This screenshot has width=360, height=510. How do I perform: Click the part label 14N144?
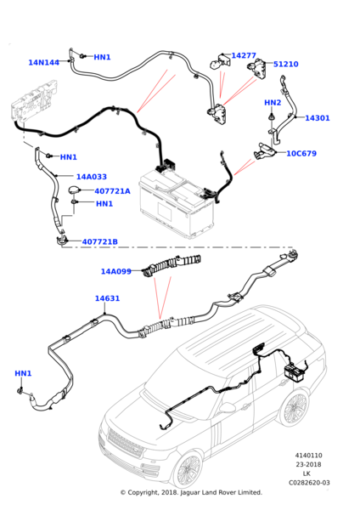[x=44, y=62]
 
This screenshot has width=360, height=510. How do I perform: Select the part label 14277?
[x=244, y=55]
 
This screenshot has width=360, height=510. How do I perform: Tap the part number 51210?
[x=286, y=64]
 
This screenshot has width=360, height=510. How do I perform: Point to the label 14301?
[x=318, y=118]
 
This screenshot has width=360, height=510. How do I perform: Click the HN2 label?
[x=273, y=103]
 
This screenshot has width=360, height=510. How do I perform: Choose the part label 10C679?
[x=301, y=154]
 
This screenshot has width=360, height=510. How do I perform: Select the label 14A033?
[x=92, y=177]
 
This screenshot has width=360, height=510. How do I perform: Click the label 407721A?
[x=112, y=191]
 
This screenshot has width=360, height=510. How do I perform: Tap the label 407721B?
[x=100, y=241]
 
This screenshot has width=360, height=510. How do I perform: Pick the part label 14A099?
[x=116, y=271]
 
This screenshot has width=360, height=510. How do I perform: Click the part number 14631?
[x=107, y=298]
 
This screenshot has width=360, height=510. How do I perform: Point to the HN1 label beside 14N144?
[x=103, y=57]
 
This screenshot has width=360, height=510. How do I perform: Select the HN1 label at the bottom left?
[x=23, y=373]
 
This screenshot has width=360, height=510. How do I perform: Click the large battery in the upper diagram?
[x=177, y=203]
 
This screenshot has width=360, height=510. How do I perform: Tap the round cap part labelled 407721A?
[x=75, y=190]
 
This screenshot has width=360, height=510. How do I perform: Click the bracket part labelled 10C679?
[x=265, y=151]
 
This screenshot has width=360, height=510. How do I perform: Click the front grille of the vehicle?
[x=126, y=441]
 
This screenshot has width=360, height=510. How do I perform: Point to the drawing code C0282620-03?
[x=309, y=483]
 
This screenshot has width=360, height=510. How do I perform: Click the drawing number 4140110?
[x=309, y=456]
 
